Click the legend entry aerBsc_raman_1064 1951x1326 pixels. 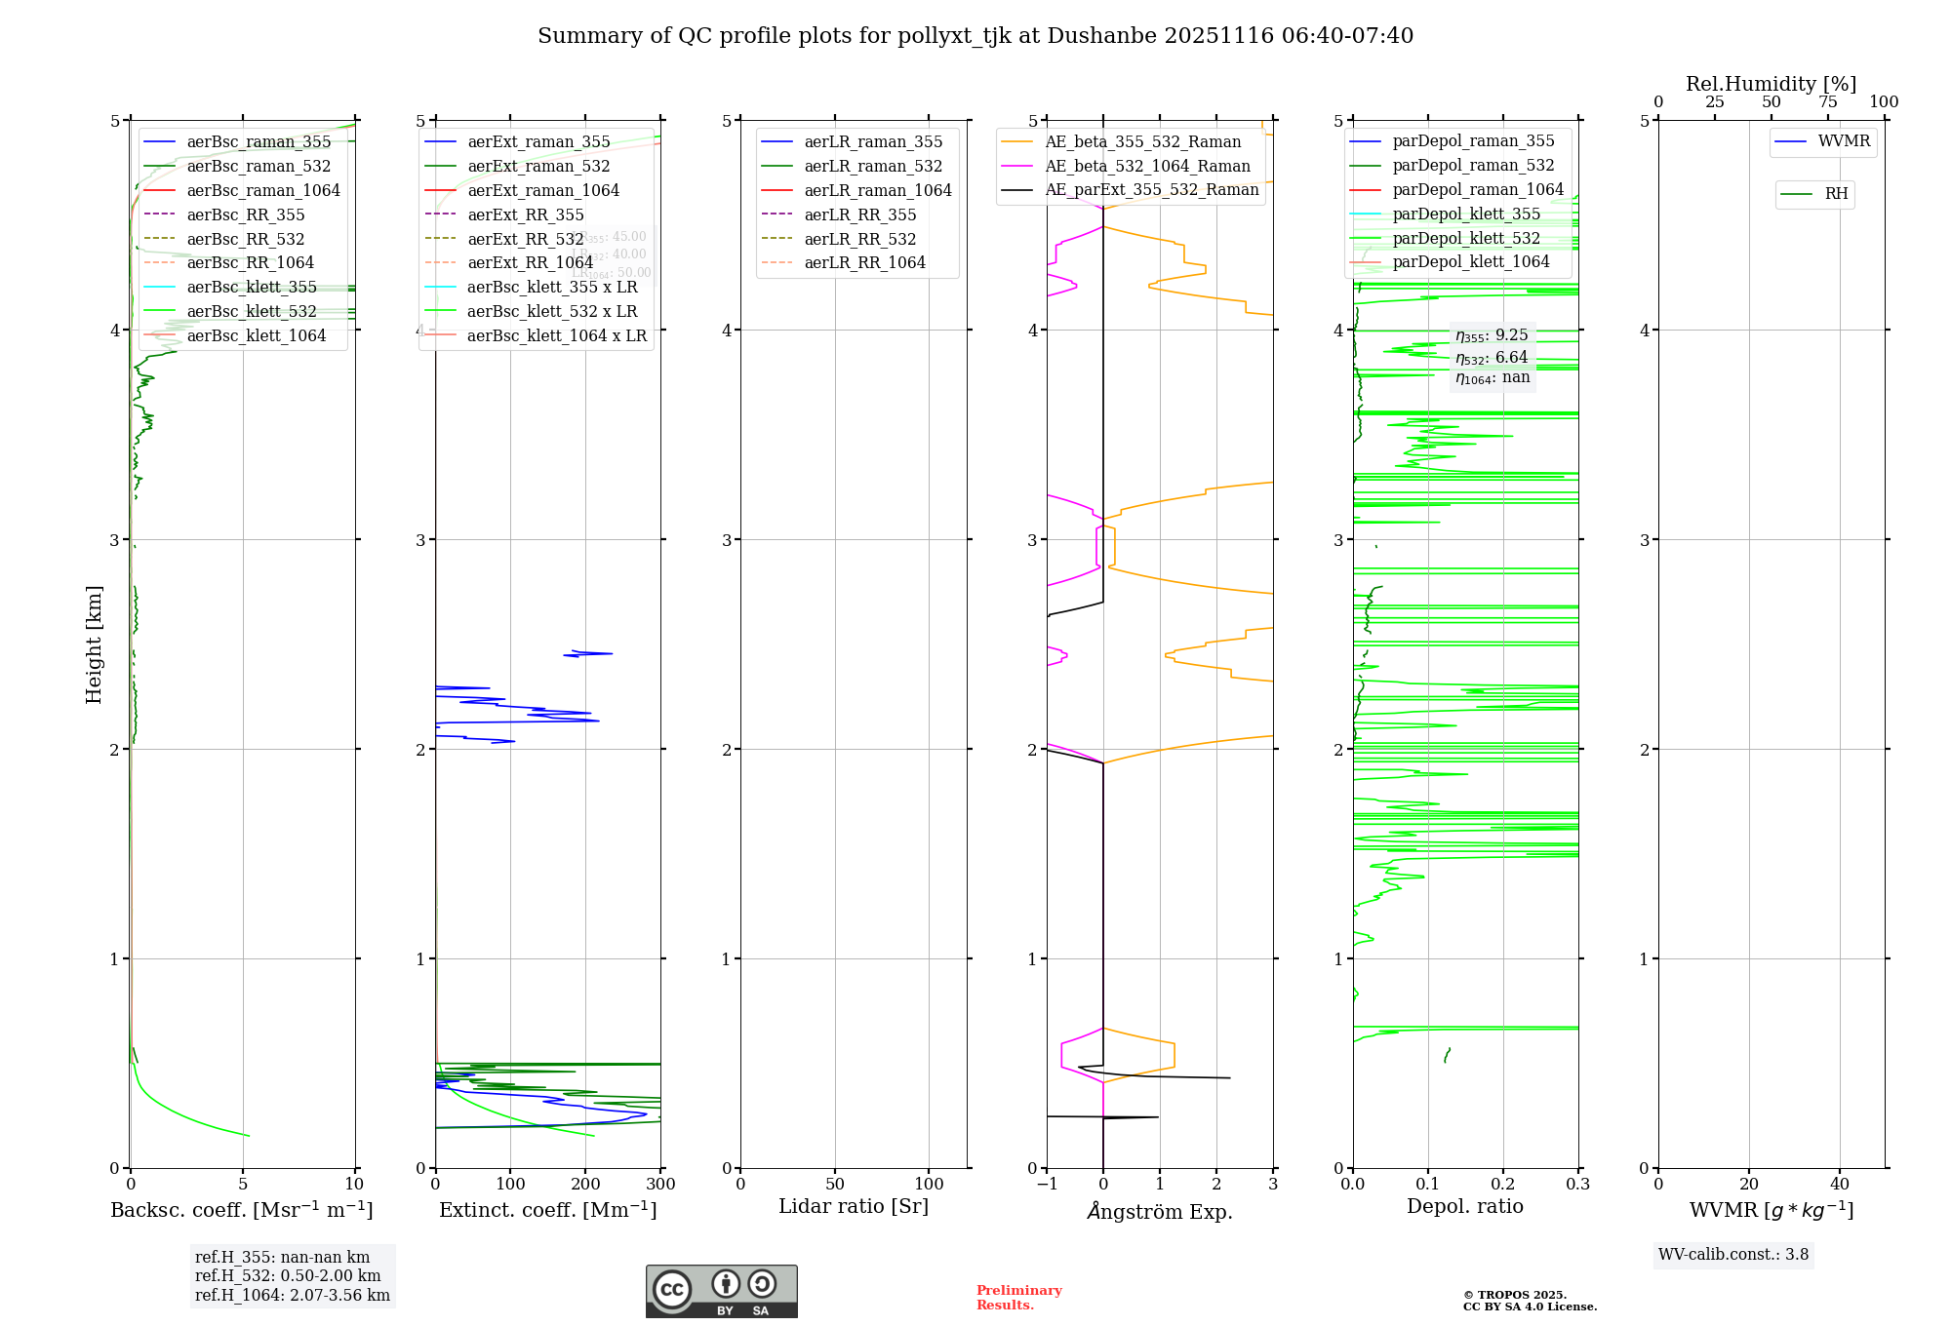(263, 190)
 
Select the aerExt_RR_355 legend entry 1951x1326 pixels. (526, 214)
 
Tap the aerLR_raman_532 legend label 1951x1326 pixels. (873, 166)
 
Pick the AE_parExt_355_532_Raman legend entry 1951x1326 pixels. (1151, 189)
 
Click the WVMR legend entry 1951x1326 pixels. (1843, 141)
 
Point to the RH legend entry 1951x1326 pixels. (1836, 194)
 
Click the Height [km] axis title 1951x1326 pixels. (94, 643)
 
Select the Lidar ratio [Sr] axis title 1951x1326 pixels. (854, 1206)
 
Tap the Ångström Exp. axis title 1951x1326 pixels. (1160, 1211)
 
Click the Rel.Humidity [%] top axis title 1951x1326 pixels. (1771, 84)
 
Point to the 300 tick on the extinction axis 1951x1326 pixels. (661, 1185)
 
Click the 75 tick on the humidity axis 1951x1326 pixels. (1828, 102)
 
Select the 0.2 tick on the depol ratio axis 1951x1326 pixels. (1503, 1185)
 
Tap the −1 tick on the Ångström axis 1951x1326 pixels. (1047, 1185)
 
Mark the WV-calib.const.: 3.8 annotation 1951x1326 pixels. (1732, 1255)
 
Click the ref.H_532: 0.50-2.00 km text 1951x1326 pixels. (288, 1276)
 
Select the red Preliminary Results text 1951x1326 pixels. (1018, 1298)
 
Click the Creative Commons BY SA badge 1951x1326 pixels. (721, 1291)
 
